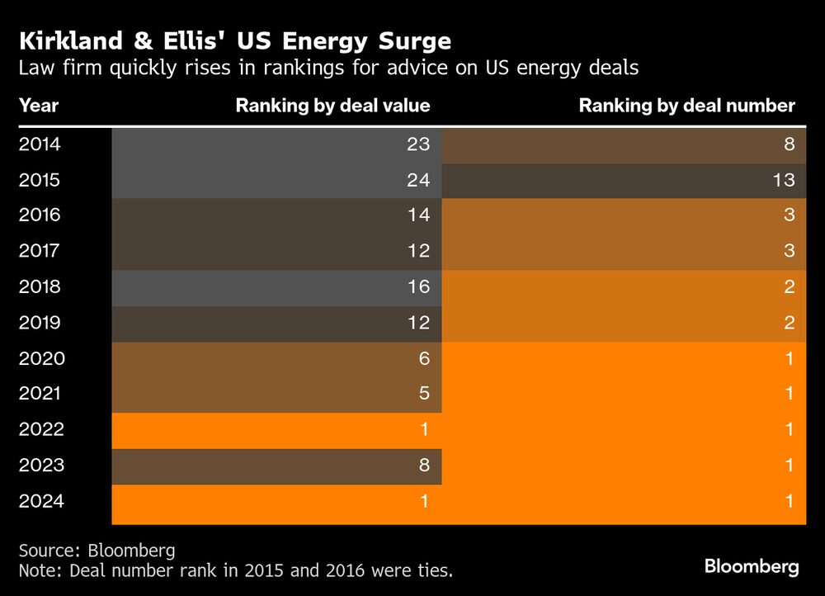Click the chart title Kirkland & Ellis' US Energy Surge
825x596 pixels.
click(234, 40)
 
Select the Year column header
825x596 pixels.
click(38, 106)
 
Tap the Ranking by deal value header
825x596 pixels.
click(332, 106)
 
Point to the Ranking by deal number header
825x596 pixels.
click(686, 106)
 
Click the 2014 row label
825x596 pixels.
click(40, 144)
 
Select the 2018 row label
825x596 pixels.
click(40, 287)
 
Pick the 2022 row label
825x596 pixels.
click(40, 429)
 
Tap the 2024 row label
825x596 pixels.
click(40, 501)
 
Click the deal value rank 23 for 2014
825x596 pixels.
click(418, 144)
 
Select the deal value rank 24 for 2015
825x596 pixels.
click(418, 180)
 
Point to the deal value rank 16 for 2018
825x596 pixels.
click(418, 287)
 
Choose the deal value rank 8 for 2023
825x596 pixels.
click(424, 466)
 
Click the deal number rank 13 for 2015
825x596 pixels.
click(784, 180)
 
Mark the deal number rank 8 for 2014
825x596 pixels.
click(790, 144)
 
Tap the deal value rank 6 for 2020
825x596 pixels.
click(424, 358)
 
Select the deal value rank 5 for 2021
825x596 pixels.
click(424, 394)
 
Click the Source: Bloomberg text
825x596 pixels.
click(97, 551)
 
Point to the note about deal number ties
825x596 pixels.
click(235, 570)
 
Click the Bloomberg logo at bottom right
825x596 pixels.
click(751, 567)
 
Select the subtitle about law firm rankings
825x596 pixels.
click(328, 69)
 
